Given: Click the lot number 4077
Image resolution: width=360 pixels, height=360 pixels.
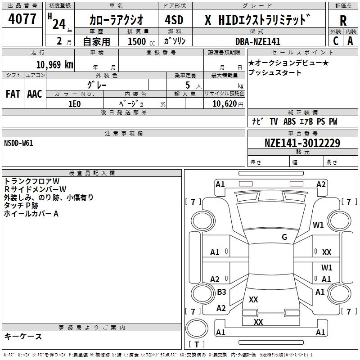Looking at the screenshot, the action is (22, 19).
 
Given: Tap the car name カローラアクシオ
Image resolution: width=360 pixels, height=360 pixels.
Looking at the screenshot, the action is (116, 20).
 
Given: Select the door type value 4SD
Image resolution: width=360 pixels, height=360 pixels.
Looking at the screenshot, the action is (174, 20).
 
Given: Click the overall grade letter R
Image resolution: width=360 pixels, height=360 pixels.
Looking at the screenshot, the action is (343, 21).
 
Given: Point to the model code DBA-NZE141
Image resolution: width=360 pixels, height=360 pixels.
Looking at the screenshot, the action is (258, 41).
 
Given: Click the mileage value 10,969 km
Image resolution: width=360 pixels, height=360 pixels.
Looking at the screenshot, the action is (54, 65).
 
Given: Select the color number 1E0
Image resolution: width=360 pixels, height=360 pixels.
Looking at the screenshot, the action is (75, 103).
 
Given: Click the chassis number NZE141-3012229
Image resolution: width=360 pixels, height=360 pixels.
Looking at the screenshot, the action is (302, 143).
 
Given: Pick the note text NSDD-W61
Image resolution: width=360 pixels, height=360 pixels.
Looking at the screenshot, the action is (18, 143).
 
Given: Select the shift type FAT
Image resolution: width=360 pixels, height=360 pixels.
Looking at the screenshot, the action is (13, 94).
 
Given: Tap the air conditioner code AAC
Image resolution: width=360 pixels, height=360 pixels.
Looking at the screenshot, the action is (34, 94).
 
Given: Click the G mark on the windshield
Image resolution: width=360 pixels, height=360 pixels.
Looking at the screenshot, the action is (284, 237).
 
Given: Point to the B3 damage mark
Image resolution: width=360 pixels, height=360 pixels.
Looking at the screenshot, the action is (221, 292).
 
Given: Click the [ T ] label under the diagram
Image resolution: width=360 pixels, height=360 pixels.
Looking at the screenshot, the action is (196, 345).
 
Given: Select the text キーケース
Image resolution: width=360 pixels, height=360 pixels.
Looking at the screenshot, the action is (23, 336).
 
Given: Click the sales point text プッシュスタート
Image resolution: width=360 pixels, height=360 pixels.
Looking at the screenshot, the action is (275, 73).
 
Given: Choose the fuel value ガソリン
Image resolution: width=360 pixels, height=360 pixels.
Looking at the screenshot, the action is (175, 41).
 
